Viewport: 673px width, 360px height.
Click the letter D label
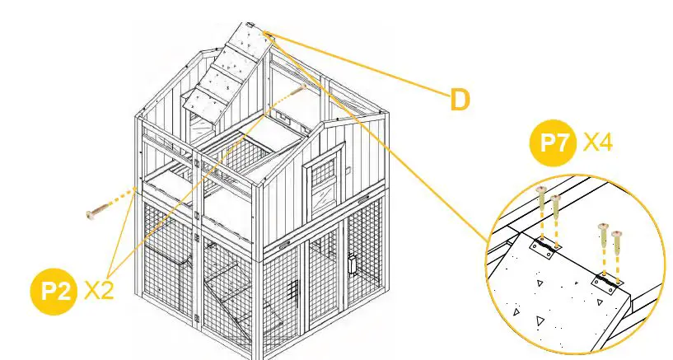click(460, 99)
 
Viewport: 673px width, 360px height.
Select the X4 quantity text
click(597, 143)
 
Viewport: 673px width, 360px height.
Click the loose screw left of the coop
click(98, 212)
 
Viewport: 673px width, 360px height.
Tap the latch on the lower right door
click(351, 265)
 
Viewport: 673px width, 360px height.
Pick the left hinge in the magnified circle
click(543, 245)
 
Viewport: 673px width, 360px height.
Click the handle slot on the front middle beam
click(283, 245)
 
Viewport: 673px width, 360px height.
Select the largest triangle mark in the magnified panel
click(540, 319)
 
